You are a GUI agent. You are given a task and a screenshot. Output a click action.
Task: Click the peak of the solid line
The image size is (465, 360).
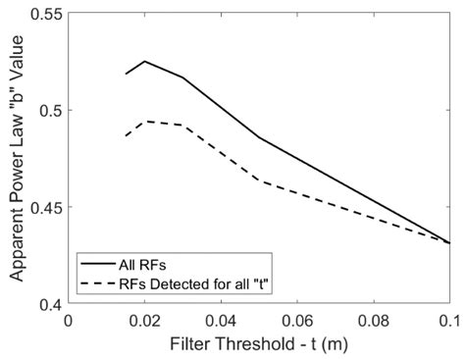click(144, 61)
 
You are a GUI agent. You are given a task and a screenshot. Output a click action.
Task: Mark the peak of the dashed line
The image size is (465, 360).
click(144, 122)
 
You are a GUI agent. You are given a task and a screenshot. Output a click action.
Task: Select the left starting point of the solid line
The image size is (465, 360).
click(126, 75)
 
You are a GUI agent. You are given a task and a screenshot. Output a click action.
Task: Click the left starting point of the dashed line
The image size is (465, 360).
click(126, 136)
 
